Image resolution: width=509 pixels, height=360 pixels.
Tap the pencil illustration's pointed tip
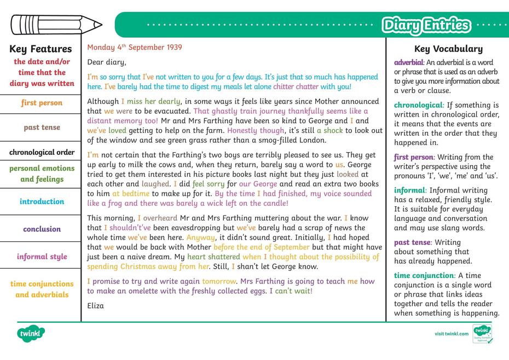[x=101, y=25]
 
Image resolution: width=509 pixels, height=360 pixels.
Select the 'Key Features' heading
[x=41, y=49]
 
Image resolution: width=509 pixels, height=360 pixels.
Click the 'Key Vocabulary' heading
[x=448, y=49]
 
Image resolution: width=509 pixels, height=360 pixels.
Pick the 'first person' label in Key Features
[x=42, y=103]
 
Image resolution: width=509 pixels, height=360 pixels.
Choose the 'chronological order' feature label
[x=42, y=152]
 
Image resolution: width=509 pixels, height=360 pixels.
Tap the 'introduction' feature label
[x=42, y=201]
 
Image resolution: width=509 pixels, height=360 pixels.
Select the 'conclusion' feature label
[x=42, y=229]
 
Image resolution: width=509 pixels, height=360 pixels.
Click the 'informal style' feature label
[x=42, y=257]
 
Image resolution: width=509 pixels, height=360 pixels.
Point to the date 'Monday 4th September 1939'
[x=135, y=48]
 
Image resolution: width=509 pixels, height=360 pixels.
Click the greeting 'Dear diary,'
[x=106, y=62]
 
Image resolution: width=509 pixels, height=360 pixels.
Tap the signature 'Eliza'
[x=96, y=306]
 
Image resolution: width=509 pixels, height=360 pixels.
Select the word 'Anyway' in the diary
[x=200, y=238]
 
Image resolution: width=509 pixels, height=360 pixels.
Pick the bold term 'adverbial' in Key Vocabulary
[x=409, y=62]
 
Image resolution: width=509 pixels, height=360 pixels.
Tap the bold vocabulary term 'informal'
[x=410, y=190]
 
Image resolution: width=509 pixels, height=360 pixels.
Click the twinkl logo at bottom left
[x=31, y=332]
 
